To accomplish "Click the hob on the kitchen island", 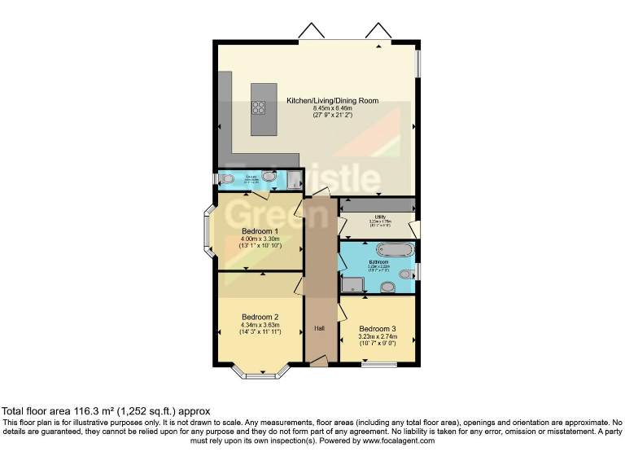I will coord(260,107).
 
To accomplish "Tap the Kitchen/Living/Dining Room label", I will coord(332,101).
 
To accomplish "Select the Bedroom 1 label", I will coord(260,231).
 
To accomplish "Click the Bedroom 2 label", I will coord(260,317).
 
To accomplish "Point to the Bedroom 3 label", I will coord(378,329).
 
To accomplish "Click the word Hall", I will coord(320,329).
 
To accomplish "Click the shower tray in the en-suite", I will coord(294,179).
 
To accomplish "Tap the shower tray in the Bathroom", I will coord(353,283).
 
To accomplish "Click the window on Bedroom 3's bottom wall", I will coord(378,364).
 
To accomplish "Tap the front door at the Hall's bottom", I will coord(320,361).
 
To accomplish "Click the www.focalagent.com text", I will coord(399,441).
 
